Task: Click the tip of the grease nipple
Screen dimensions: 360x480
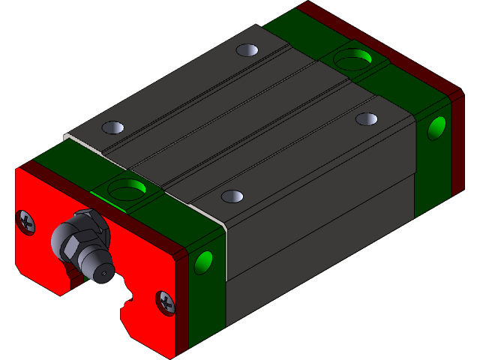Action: pos(100,274)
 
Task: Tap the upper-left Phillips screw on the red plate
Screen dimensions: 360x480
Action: pos(26,222)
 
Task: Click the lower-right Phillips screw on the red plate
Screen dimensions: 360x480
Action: pos(166,302)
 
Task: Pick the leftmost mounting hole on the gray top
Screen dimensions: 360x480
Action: pos(112,127)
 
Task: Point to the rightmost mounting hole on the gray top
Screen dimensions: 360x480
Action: pos(367,118)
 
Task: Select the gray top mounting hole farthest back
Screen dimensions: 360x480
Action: pos(247,50)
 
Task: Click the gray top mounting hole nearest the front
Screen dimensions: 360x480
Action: pos(232,196)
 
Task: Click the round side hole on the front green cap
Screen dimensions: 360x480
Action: pos(203,262)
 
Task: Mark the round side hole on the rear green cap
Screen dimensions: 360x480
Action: pos(436,128)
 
